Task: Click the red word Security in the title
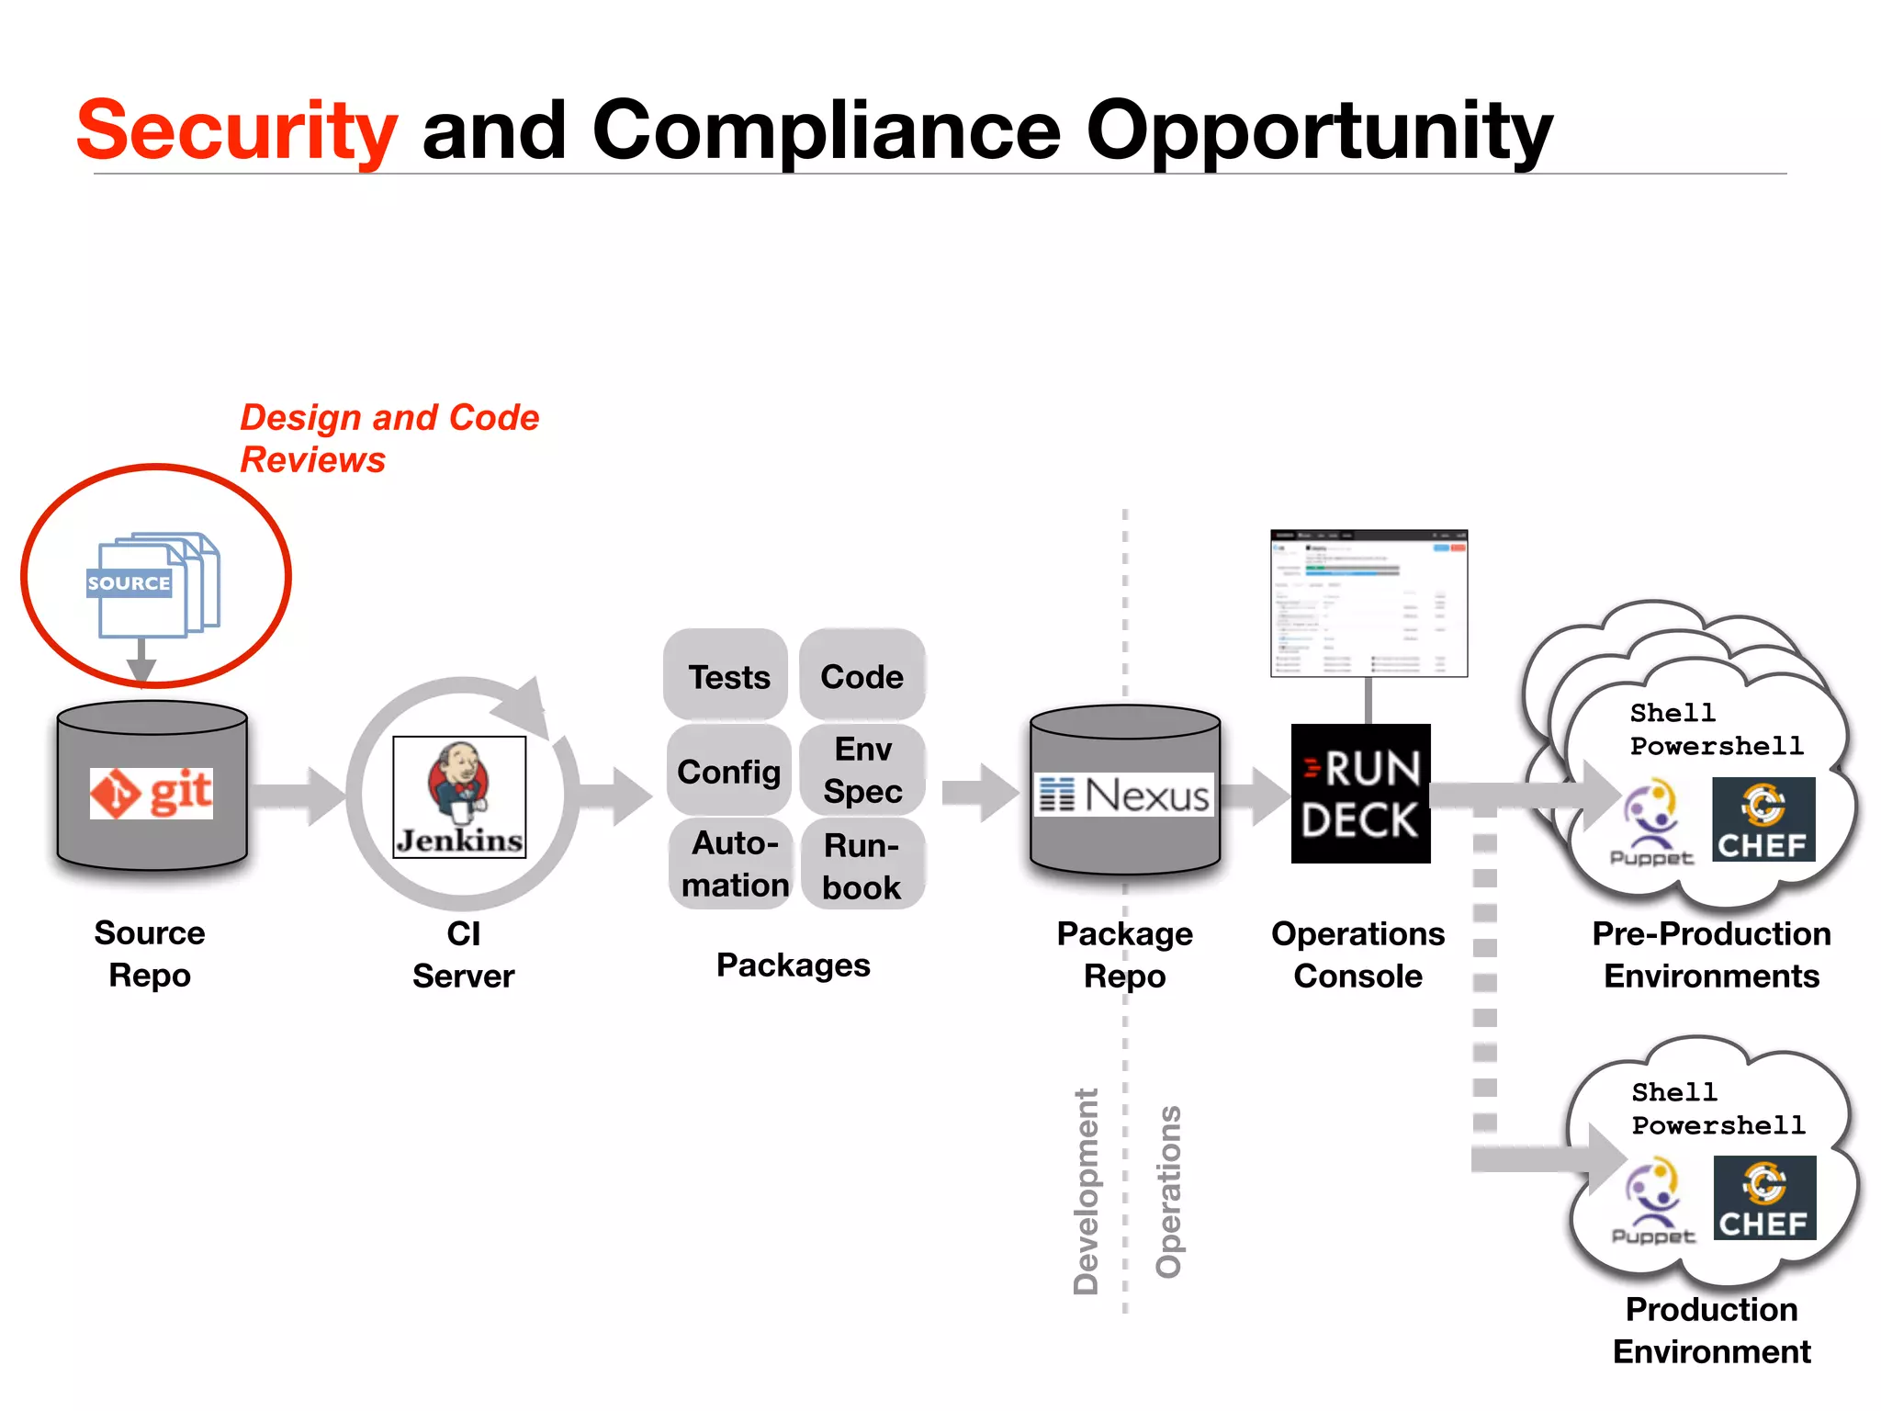tap(237, 130)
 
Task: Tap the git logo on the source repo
tap(152, 793)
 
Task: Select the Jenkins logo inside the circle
tap(459, 796)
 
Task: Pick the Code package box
tap(862, 676)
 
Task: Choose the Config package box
tap(728, 771)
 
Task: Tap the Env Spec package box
tap(862, 770)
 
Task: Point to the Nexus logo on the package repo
tap(1125, 795)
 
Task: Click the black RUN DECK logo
tap(1360, 794)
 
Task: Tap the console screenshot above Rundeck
tap(1369, 604)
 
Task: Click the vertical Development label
tap(1086, 1191)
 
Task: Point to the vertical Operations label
tap(1168, 1191)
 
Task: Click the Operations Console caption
tap(1357, 954)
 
